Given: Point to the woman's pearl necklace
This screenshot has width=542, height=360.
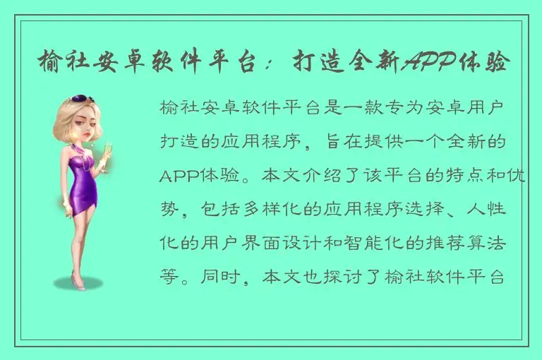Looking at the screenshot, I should pyautogui.click(x=88, y=152).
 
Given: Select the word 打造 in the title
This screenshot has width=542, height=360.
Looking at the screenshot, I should pyautogui.click(x=323, y=63).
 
